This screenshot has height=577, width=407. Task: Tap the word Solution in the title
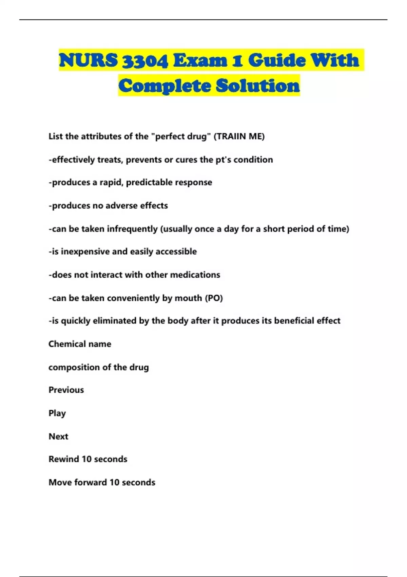(258, 86)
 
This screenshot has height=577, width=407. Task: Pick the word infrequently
(132, 229)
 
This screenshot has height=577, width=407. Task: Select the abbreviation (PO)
(214, 298)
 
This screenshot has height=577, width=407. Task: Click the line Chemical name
(80, 344)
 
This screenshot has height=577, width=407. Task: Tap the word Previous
(66, 390)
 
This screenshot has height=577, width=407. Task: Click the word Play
(57, 413)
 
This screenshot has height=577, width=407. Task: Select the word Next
(58, 436)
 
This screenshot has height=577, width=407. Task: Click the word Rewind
(64, 459)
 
